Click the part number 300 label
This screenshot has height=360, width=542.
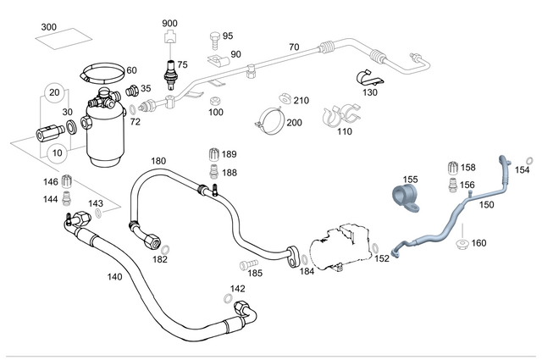(x=49, y=28)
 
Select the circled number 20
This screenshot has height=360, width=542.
(x=53, y=91)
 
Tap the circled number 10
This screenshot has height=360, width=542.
(x=58, y=152)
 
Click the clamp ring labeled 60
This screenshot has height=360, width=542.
(x=101, y=75)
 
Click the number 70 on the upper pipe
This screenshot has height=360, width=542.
(x=294, y=47)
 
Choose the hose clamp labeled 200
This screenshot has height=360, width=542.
(x=269, y=120)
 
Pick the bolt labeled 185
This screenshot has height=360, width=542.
(x=247, y=263)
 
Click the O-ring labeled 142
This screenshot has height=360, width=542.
(x=228, y=299)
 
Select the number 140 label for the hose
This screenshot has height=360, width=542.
(x=115, y=276)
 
